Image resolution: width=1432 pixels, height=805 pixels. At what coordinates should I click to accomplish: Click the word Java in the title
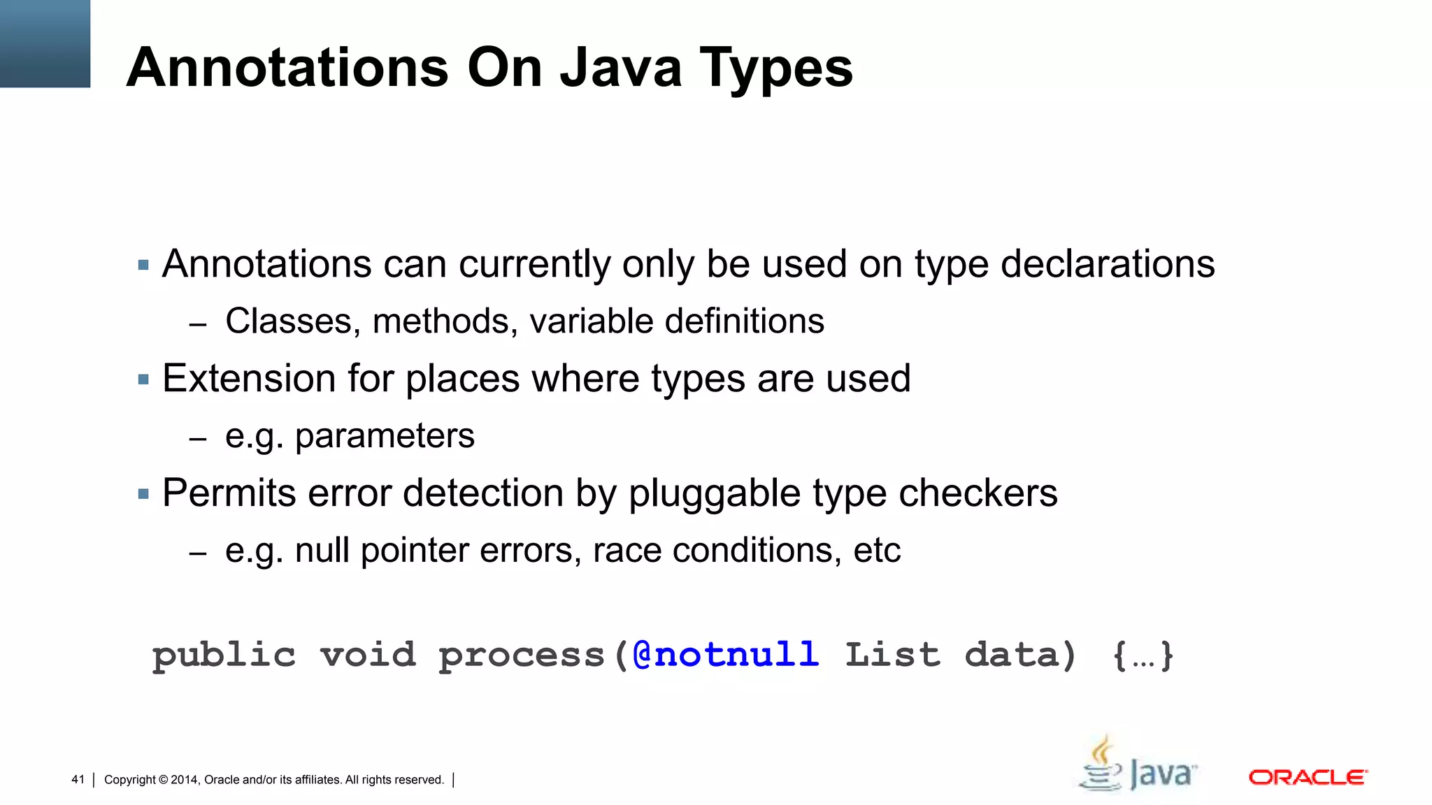click(621, 68)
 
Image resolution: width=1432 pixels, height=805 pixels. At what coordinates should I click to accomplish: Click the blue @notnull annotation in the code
click(725, 655)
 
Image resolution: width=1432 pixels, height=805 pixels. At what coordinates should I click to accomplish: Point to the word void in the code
click(368, 655)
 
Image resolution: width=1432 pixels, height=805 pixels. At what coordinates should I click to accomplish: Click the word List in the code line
click(892, 655)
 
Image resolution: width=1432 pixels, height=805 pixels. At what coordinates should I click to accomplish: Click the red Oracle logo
click(1308, 777)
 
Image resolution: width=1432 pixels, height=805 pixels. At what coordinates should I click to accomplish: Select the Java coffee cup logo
click(1137, 764)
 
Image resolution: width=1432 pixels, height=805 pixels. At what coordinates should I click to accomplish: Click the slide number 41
click(78, 779)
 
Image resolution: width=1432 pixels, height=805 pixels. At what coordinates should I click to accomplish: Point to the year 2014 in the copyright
click(185, 780)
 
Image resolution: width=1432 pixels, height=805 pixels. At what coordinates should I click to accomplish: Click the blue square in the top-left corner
click(45, 43)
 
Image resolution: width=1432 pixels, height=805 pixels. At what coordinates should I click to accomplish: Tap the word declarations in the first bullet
click(1108, 264)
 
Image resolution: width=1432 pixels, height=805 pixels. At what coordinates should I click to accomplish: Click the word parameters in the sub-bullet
click(385, 437)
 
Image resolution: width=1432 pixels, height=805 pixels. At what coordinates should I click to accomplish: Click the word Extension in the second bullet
click(249, 379)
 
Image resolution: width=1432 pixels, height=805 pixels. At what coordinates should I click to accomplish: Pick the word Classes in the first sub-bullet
click(292, 321)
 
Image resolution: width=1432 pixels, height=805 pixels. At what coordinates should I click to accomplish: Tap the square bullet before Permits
click(143, 494)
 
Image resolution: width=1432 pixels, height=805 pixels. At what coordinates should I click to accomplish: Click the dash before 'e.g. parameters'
click(198, 439)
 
